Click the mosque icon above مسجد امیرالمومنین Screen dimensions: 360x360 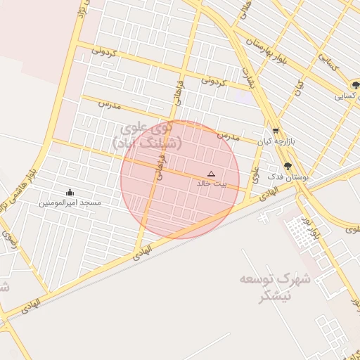coord(70,192)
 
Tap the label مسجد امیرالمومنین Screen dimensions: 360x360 coord(70,202)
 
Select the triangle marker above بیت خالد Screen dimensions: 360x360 coord(211,173)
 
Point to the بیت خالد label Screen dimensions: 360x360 coord(211,184)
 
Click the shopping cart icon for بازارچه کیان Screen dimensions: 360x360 coord(275,131)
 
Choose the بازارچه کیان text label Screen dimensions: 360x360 coord(274,141)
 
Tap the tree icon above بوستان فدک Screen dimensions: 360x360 coord(288,167)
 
